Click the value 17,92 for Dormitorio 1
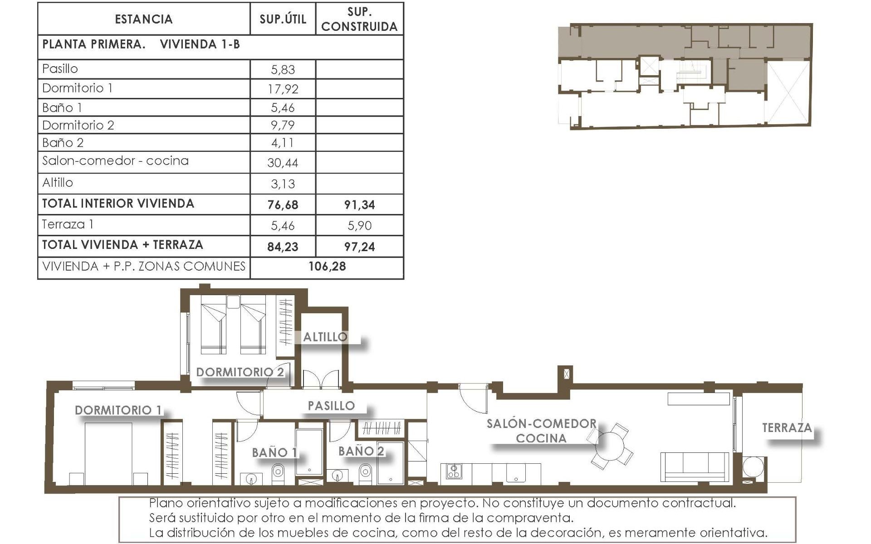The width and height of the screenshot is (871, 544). coord(283,89)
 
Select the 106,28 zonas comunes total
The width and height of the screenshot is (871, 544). coord(327,267)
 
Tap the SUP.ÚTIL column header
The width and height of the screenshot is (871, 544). coord(283,19)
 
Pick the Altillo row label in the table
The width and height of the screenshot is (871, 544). coord(58,183)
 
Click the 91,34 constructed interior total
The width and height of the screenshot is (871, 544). coord(359,205)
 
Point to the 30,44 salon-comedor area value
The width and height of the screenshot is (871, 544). coord(283,163)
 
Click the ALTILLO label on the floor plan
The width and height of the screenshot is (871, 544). coord(325,337)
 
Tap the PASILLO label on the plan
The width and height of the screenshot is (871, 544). coord(331,406)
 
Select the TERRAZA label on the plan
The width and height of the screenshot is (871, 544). coord(787,428)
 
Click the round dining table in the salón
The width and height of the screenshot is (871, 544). coord(610,446)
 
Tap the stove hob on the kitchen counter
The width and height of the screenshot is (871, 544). coord(454,471)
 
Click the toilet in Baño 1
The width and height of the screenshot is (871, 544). coord(278,473)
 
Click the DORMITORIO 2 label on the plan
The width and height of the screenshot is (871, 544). coord(240,373)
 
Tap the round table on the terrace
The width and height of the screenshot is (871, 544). coord(753,467)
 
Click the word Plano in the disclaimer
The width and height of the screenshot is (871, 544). coord(165,503)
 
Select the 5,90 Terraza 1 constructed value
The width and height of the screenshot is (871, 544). coord(359,226)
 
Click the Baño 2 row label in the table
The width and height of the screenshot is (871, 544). coord(63,143)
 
